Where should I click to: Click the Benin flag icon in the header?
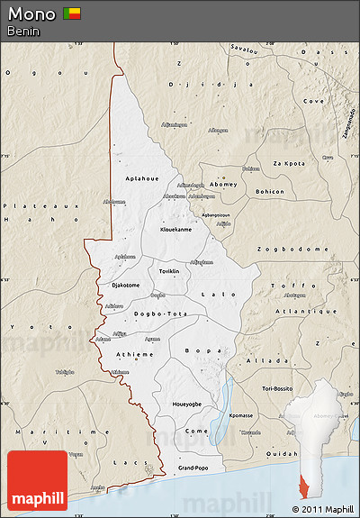pyautogui.click(x=71, y=14)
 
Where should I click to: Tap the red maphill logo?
pyautogui.click(x=37, y=481)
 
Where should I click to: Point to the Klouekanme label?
pyautogui.click(x=175, y=229)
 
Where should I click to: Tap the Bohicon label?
pyautogui.click(x=269, y=191)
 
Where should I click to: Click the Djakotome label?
pyautogui.click(x=125, y=285)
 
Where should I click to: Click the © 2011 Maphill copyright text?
pyautogui.click(x=323, y=510)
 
